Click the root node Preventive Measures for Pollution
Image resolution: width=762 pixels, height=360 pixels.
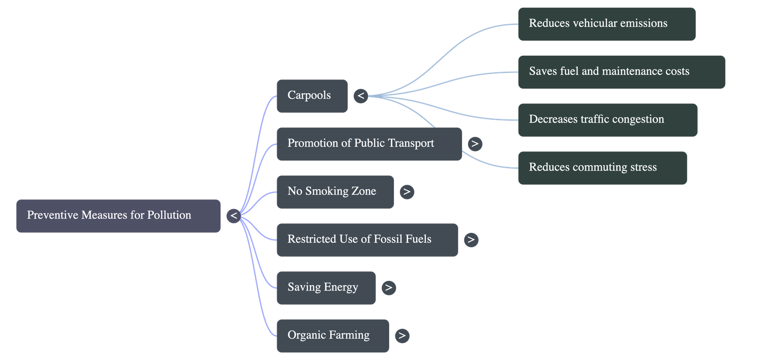tap(118, 216)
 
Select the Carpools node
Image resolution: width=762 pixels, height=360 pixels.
tap(312, 96)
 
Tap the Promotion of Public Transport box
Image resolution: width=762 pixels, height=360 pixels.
tap(369, 143)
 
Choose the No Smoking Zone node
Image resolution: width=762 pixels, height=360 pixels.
tap(335, 191)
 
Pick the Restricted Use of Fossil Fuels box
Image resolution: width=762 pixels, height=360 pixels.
tap(367, 240)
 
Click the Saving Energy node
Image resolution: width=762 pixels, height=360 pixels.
tap(326, 288)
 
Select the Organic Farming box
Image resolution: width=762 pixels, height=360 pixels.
tap(332, 335)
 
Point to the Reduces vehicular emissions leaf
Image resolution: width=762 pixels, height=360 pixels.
tap(606, 24)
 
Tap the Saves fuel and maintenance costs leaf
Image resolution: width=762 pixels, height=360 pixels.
tap(621, 72)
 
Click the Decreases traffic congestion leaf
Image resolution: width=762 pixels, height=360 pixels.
tap(608, 120)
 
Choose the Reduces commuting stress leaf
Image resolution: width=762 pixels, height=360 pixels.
tap(602, 168)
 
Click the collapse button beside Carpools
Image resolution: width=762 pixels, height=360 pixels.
tap(361, 96)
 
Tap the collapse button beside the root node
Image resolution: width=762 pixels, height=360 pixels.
tap(233, 216)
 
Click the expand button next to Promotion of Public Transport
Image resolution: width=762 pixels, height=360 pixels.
tap(475, 144)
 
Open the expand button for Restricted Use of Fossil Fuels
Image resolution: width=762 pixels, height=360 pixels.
tap(471, 240)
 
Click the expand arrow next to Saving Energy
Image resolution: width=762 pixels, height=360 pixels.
tap(389, 288)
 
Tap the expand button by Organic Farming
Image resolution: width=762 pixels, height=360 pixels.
tap(402, 336)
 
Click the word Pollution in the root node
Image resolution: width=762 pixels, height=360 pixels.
tap(169, 215)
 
